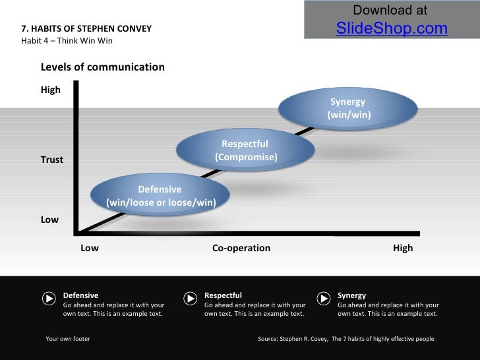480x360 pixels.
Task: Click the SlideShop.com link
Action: tap(392, 28)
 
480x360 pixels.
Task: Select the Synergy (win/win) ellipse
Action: tap(349, 109)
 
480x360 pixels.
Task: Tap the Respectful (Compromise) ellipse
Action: tap(245, 150)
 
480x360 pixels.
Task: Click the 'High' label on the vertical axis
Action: tap(51, 90)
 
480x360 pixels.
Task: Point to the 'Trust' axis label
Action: tap(52, 160)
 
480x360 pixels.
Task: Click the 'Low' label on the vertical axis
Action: tap(49, 220)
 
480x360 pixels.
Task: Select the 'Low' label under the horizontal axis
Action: tap(89, 248)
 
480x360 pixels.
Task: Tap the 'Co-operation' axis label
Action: tap(241, 248)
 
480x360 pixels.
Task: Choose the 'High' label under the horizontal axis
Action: tap(402, 248)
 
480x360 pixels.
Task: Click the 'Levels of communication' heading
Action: tap(103, 67)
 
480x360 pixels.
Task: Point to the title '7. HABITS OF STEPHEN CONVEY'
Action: tap(86, 29)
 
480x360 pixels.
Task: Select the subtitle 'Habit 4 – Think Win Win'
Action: tap(67, 41)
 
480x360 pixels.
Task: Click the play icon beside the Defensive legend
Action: tap(49, 298)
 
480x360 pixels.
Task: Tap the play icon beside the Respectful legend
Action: tap(190, 298)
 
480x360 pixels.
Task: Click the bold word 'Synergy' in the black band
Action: tap(351, 295)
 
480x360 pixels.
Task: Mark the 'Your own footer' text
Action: tap(68, 339)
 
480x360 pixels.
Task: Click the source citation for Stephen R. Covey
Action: tap(345, 339)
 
